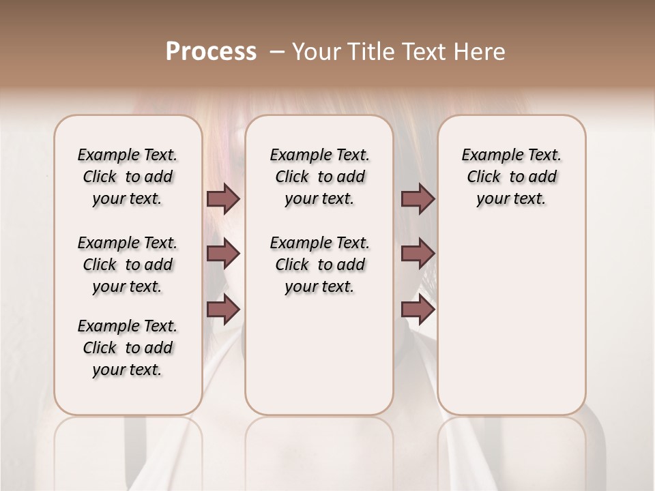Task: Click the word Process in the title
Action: click(x=211, y=52)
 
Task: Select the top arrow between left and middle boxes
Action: click(x=223, y=199)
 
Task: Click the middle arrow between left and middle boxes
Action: click(x=223, y=254)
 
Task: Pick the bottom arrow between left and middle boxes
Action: click(x=223, y=310)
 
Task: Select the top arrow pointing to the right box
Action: click(x=418, y=199)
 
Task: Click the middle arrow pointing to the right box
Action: click(x=418, y=254)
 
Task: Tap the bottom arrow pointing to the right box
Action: click(x=418, y=310)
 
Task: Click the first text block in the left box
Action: click(x=128, y=177)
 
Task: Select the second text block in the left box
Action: click(x=128, y=265)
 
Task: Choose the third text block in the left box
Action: click(x=128, y=348)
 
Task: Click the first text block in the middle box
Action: click(x=319, y=177)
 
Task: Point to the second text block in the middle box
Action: click(x=319, y=265)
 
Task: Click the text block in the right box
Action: click(x=512, y=177)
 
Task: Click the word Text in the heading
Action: click(x=420, y=52)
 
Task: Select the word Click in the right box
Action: click(x=484, y=177)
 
